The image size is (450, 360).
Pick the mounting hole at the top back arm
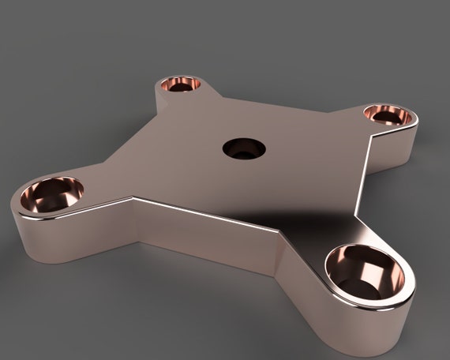click(181, 84)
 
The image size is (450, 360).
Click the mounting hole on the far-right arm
click(388, 115)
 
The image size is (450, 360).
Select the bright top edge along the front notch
click(205, 213)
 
